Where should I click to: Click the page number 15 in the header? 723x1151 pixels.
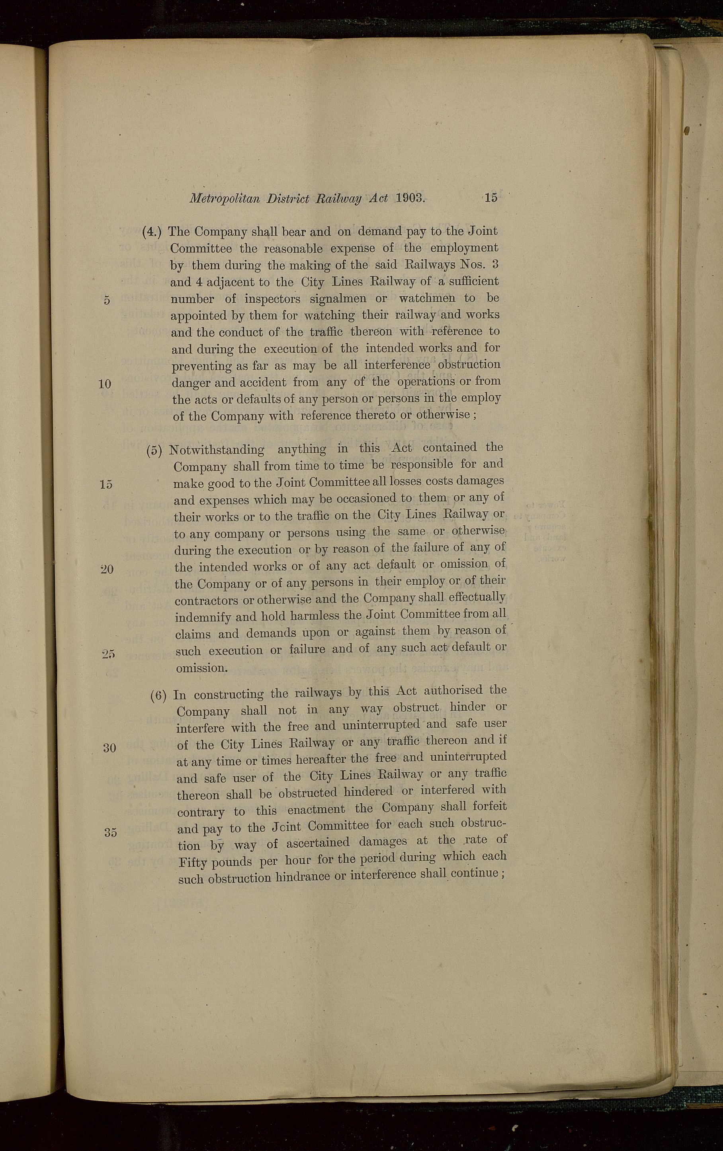pyautogui.click(x=491, y=198)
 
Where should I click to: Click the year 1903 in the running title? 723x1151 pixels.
pyautogui.click(x=410, y=198)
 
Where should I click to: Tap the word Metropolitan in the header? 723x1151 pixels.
pyautogui.click(x=224, y=199)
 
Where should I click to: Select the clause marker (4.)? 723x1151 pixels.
pyautogui.click(x=152, y=232)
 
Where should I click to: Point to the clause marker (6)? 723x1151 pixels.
pyautogui.click(x=158, y=695)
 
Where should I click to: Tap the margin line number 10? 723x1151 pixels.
pyautogui.click(x=105, y=384)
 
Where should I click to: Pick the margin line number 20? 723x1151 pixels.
pyautogui.click(x=107, y=569)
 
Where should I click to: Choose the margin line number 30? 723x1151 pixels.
pyautogui.click(x=109, y=748)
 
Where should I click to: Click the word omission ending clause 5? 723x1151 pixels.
pyautogui.click(x=201, y=668)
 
